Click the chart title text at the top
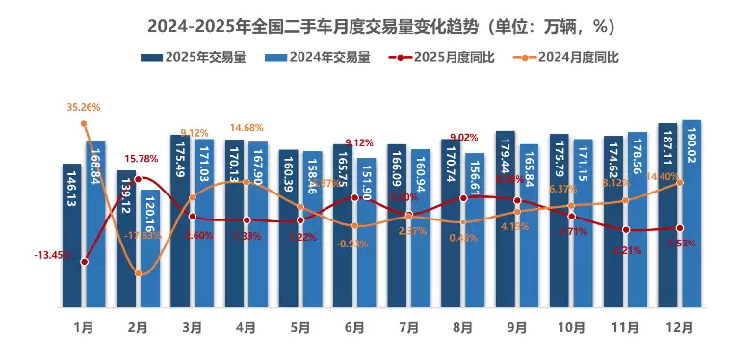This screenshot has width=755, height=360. [x=377, y=24]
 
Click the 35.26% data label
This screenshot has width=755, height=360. [x=84, y=107]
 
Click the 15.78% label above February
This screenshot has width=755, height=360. [x=141, y=159]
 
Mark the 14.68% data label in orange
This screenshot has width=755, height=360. [x=247, y=128]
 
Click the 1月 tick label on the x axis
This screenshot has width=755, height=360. [x=85, y=327]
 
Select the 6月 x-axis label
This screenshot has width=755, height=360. [x=354, y=327]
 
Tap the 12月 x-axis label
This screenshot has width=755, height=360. [x=679, y=327]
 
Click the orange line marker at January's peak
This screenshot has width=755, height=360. [x=85, y=123]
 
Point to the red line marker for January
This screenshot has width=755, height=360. [x=85, y=261]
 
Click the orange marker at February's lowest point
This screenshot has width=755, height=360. [x=139, y=274]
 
